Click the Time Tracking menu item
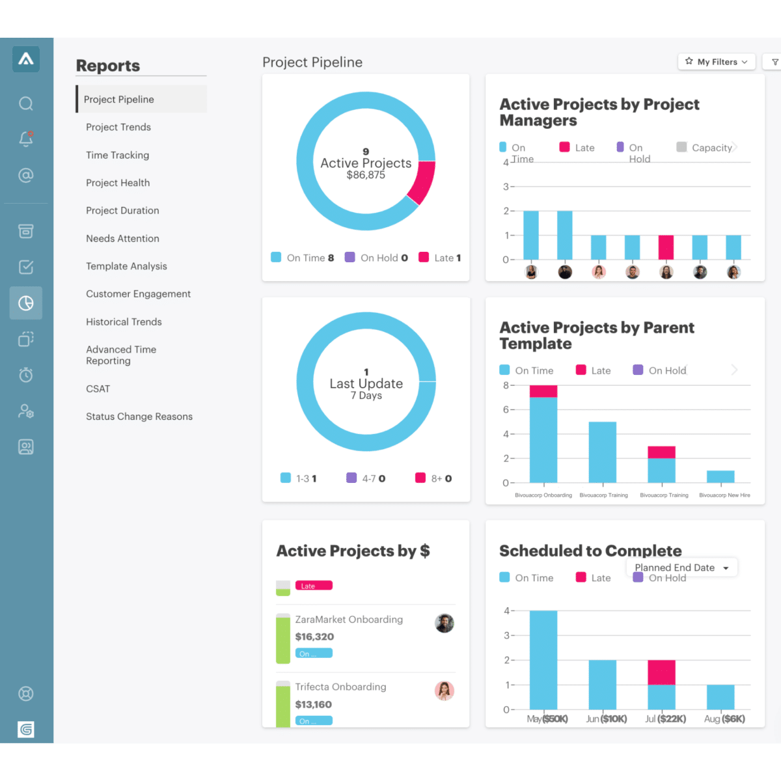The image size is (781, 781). pos(117,155)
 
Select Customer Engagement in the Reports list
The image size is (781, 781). pos(138,294)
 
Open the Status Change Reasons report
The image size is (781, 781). pos(139,417)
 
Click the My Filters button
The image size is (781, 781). pos(716,62)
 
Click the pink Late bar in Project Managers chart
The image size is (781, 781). pos(666,247)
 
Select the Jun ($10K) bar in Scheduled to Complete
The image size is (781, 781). pos(602,684)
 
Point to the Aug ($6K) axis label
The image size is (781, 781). pos(724,719)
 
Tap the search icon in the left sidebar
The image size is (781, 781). pos(26,103)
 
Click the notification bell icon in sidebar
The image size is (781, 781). pos(26,139)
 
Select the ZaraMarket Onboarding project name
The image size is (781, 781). pos(349,620)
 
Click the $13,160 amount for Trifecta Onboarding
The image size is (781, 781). pos(313,704)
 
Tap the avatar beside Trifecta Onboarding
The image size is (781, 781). pos(445,691)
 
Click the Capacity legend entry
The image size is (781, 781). pos(706,148)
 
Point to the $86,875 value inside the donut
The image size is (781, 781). pos(366,175)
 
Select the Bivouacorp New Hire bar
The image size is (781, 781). pos(720,476)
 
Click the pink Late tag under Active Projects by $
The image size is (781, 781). pos(314,586)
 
